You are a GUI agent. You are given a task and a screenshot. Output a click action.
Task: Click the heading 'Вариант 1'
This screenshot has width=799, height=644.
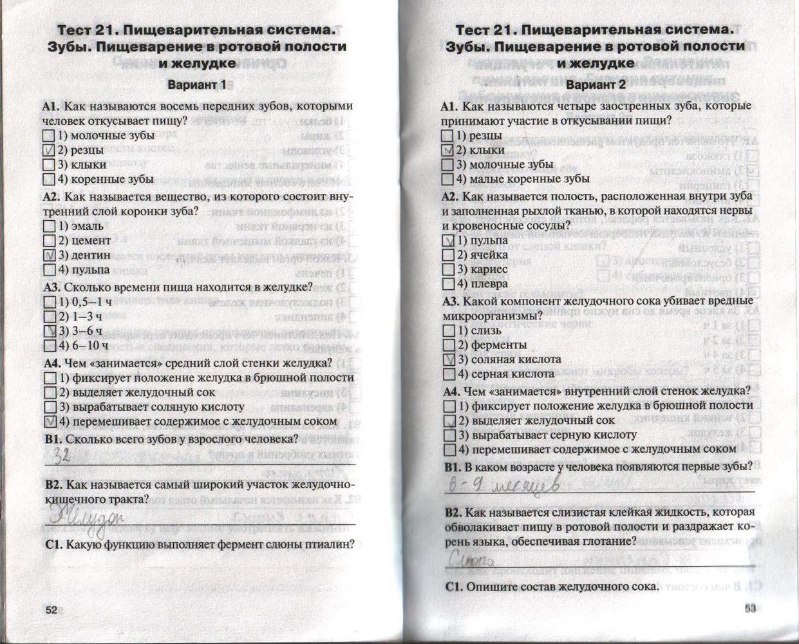click(x=196, y=84)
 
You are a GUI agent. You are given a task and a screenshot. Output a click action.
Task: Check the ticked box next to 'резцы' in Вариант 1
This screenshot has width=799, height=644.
click(x=49, y=150)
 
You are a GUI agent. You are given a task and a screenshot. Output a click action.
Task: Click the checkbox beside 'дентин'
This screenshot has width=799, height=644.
click(x=49, y=255)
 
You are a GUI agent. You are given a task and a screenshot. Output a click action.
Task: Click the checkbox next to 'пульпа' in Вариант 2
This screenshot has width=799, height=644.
click(x=449, y=240)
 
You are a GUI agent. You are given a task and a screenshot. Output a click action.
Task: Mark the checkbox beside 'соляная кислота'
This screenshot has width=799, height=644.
click(x=449, y=359)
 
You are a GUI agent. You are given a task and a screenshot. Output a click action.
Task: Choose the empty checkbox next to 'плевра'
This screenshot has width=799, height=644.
click(x=449, y=283)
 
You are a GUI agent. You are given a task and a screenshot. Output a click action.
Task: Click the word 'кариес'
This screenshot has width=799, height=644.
click(x=489, y=269)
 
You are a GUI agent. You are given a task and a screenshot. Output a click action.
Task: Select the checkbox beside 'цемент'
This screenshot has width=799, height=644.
click(x=49, y=241)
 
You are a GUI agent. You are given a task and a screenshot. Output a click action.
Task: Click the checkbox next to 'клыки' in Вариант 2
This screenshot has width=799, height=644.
click(x=448, y=150)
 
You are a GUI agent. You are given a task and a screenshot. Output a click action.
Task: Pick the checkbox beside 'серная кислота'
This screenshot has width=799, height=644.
click(x=449, y=374)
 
